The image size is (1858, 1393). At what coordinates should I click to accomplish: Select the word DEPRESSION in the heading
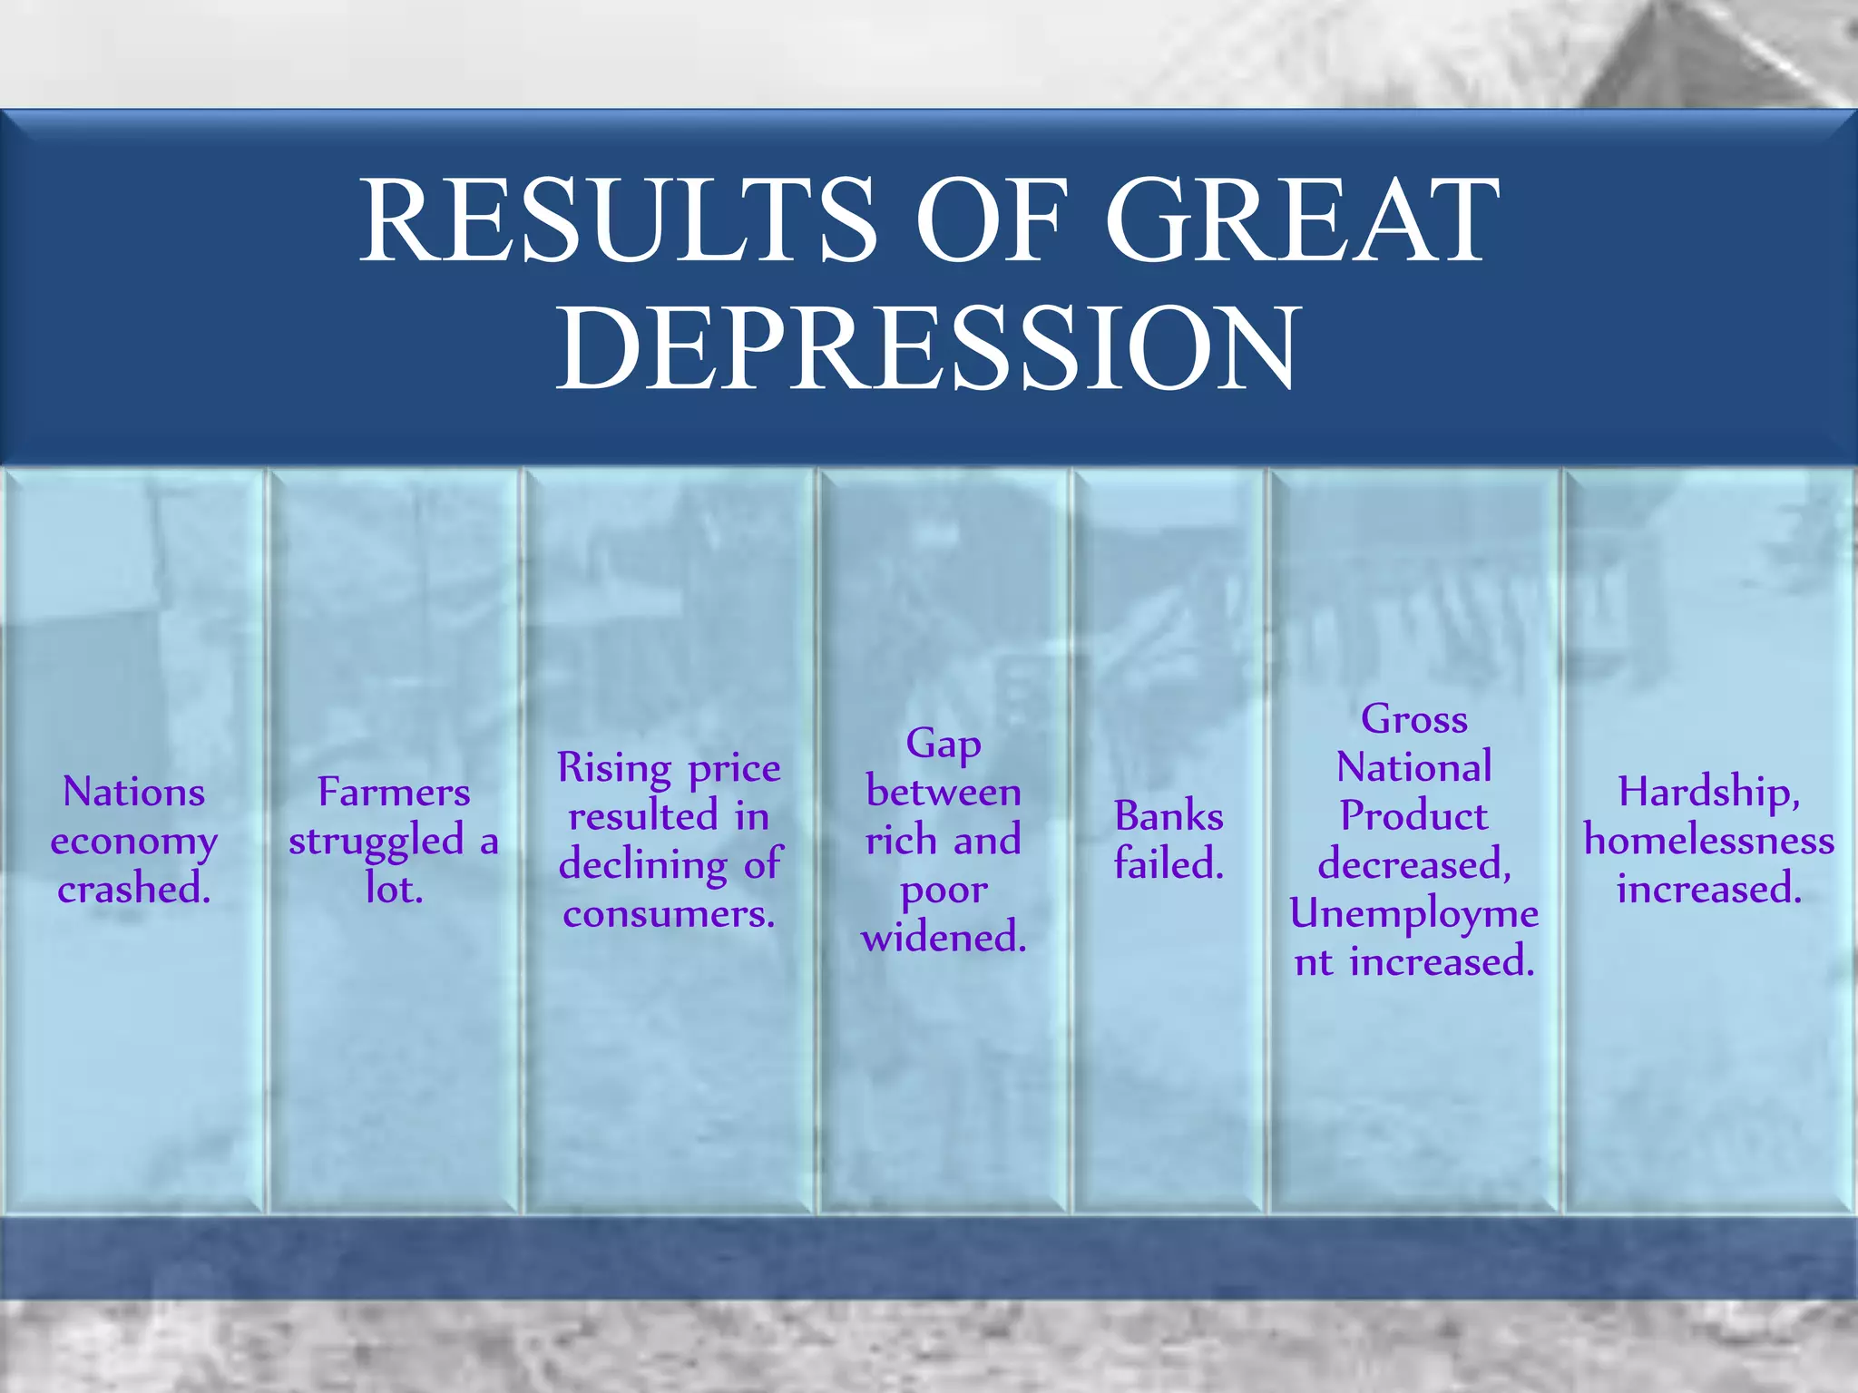927,349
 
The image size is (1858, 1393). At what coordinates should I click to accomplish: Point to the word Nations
133,792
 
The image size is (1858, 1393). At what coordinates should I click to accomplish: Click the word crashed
133,889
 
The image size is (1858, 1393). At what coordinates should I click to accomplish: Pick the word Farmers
394,792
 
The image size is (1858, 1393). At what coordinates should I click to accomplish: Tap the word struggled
376,842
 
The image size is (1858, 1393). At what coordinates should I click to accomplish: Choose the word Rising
614,769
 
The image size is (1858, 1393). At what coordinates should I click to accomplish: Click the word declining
642,865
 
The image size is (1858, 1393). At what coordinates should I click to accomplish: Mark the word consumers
669,913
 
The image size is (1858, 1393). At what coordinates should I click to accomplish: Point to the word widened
944,937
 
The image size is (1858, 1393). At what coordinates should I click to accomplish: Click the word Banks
1169,816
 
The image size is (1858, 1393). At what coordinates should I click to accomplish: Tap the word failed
1169,864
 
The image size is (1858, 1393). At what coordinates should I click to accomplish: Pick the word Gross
1413,719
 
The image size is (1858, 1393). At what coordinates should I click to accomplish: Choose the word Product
1413,816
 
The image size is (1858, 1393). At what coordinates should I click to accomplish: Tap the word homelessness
1708,841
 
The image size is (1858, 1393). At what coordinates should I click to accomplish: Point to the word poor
944,890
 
